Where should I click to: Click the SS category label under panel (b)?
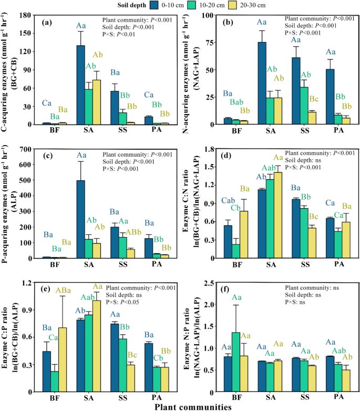[x=287, y=133]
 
